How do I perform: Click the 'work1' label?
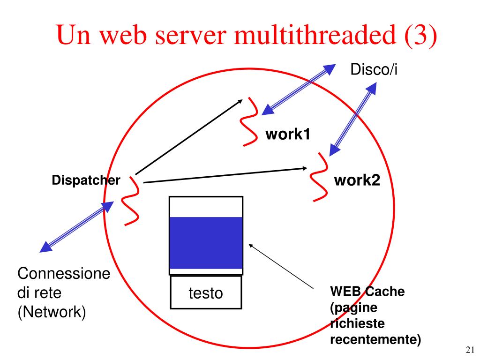click(x=288, y=135)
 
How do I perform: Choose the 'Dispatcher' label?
click(x=86, y=180)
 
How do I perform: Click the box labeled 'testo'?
click(x=205, y=293)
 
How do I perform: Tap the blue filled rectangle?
click(x=206, y=243)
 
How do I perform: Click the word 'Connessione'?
click(x=64, y=274)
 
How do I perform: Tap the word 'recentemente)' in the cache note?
click(x=375, y=339)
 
